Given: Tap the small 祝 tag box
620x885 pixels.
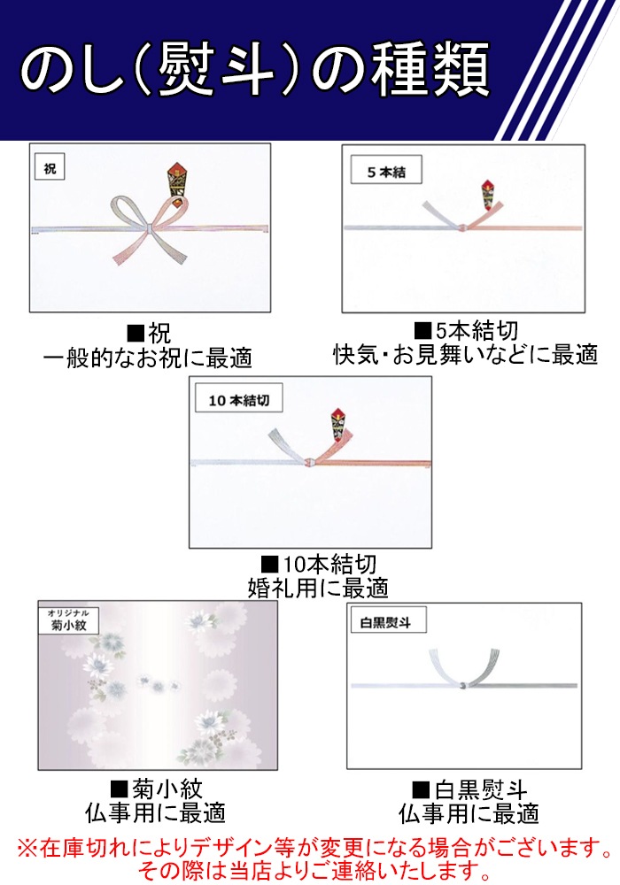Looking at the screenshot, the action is point(50,167).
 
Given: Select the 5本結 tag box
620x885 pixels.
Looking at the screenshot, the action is point(386,171).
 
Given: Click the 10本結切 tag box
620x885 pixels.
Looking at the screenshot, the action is point(239,400).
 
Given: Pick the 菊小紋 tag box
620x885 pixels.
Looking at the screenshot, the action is point(68,620).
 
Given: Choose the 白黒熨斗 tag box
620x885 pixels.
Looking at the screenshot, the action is point(389,621).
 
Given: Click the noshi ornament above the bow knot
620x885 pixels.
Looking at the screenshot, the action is point(178,181).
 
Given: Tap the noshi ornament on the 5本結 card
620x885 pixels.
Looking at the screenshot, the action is point(487,196).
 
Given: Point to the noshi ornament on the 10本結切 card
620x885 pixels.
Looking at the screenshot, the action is point(340,425).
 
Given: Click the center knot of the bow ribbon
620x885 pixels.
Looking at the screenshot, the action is point(149,228).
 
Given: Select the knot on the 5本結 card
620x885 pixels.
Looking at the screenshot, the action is point(463,227).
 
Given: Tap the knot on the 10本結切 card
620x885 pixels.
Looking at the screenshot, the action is point(309,463).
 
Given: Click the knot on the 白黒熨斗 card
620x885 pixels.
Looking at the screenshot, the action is point(463,686).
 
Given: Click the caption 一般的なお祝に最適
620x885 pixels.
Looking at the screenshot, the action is point(148,358).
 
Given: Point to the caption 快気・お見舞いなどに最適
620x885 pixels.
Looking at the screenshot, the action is point(465,355).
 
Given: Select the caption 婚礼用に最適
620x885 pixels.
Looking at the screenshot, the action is point(318,589).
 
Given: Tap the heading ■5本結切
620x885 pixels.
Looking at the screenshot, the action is point(466,331).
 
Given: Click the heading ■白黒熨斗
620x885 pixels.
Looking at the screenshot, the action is point(469,790).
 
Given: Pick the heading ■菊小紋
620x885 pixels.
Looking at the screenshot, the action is point(156,789).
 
